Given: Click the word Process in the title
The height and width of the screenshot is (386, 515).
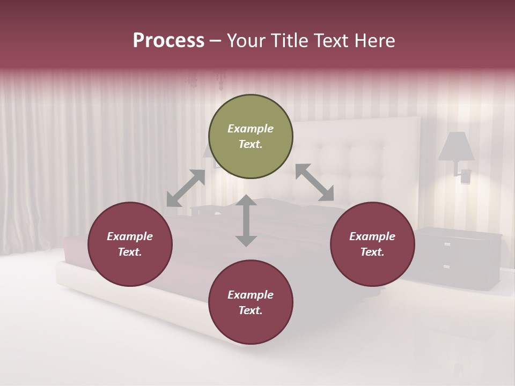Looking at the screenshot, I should pyautogui.click(x=168, y=41).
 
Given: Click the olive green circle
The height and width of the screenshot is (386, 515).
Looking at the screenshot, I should pyautogui.click(x=251, y=136).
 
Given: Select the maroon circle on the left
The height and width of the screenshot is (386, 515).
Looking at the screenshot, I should pyautogui.click(x=130, y=244).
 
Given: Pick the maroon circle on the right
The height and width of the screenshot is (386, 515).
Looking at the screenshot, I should pyautogui.click(x=372, y=244).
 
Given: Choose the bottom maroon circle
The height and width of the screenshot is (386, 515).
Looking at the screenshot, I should pyautogui.click(x=251, y=302).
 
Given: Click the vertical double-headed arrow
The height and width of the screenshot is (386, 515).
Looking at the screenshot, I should pyautogui.click(x=246, y=220).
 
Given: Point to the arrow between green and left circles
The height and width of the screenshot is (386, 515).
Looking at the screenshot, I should pyautogui.click(x=186, y=188).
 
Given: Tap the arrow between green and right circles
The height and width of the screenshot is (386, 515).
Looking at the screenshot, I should pyautogui.click(x=315, y=182).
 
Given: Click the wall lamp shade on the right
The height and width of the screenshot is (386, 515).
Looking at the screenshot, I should pyautogui.click(x=456, y=146).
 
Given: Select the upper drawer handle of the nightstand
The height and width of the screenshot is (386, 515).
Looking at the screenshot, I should pyautogui.click(x=447, y=244).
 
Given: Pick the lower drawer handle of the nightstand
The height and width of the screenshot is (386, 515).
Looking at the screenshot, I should pyautogui.click(x=446, y=266).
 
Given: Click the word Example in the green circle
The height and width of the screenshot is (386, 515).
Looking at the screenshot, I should pyautogui.click(x=251, y=129).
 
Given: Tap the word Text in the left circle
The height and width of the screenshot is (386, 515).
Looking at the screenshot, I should pyautogui.click(x=130, y=252).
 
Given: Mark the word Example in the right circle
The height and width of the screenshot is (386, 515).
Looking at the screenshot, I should pyautogui.click(x=372, y=236).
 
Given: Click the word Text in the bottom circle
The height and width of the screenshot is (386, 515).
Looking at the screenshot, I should pyautogui.click(x=250, y=310).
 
